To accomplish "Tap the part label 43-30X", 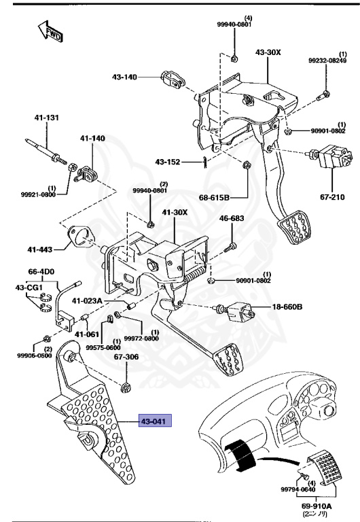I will click(x=269, y=52).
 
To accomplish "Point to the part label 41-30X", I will click(x=175, y=213).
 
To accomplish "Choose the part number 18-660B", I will click(x=287, y=307).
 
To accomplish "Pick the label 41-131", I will click(x=47, y=118).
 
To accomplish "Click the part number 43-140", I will click(x=125, y=77).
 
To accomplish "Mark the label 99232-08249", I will click(x=328, y=60).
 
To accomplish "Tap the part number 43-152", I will click(x=167, y=162).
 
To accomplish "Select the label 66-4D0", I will click(x=41, y=271).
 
